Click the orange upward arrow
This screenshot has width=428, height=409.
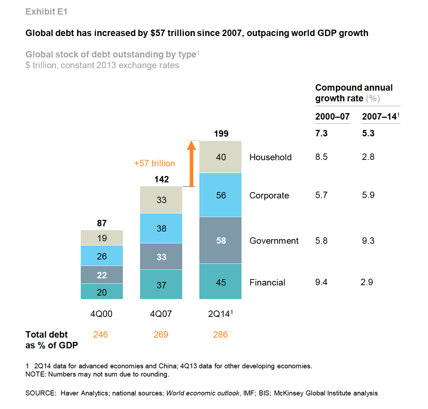[191, 164]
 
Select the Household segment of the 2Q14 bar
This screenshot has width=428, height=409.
[220, 157]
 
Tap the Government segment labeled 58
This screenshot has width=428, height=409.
[220, 240]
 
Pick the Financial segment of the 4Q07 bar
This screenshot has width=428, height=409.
[161, 284]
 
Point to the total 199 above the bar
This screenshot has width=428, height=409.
[221, 134]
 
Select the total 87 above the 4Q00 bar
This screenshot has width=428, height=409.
[102, 223]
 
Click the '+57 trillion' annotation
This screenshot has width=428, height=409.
[154, 163]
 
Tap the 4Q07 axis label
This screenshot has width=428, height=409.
[161, 314]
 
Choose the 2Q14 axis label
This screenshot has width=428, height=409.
[220, 314]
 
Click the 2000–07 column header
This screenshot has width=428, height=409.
[332, 117]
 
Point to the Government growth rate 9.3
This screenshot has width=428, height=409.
[368, 241]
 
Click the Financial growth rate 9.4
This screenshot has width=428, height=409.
[321, 282]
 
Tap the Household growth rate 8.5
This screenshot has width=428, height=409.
[321, 157]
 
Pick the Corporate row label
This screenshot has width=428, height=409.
[269, 196]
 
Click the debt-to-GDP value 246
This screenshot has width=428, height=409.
[100, 335]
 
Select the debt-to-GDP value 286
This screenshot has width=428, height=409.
[220, 335]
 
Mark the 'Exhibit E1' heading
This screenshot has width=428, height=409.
[46, 12]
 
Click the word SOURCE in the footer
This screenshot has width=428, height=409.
[40, 393]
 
